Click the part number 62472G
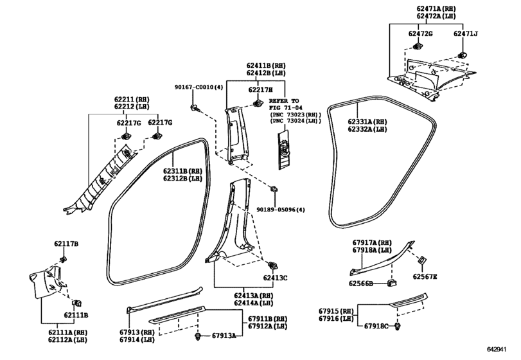420,33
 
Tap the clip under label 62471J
462,55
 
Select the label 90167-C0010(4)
199,87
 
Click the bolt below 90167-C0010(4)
194,107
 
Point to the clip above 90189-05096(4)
274,190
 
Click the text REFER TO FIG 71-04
284,104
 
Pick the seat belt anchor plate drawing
284,150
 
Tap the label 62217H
261,90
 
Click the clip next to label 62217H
257,104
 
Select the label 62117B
66,244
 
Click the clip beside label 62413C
273,265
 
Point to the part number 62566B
360,283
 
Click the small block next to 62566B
392,283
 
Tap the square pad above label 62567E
422,260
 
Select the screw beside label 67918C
397,327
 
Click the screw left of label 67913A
199,336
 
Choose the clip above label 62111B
78,303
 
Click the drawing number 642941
497,349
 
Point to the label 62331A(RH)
367,122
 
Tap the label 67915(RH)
336,312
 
